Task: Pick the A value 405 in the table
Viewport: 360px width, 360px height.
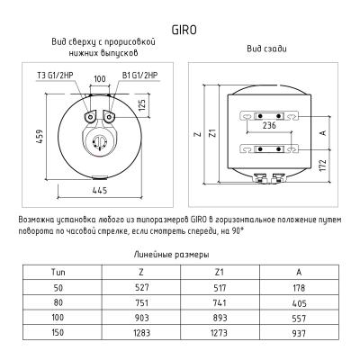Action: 299,301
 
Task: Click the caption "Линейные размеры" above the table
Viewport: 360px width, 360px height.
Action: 179,255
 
